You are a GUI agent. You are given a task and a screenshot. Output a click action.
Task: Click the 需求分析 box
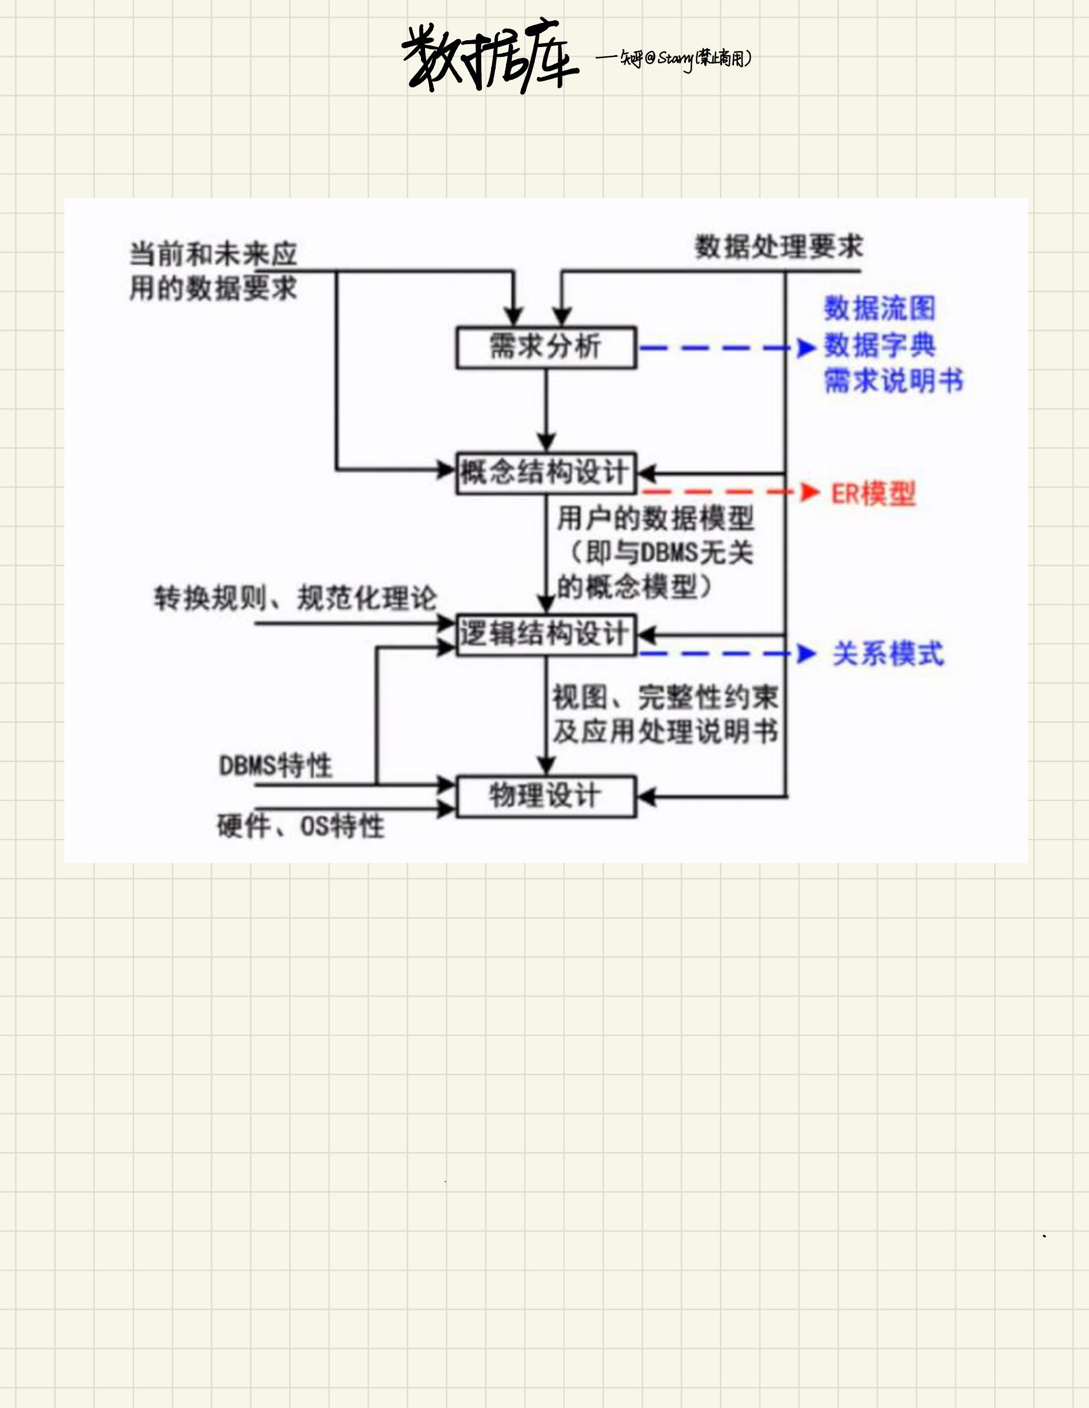[x=546, y=347]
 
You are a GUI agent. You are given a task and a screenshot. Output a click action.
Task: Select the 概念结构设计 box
[x=546, y=473]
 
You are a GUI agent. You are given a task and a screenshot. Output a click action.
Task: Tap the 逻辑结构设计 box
[x=546, y=635]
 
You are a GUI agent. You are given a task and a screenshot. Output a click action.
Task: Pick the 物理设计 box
[x=546, y=797]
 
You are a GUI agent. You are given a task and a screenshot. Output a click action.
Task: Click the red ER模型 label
[x=873, y=494]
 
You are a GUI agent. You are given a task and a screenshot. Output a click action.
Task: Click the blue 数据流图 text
[x=879, y=308]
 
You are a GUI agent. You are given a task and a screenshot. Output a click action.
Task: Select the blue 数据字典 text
[x=879, y=345]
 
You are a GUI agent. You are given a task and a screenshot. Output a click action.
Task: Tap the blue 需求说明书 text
[x=894, y=380]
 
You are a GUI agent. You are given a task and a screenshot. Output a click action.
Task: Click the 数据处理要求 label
[x=778, y=247]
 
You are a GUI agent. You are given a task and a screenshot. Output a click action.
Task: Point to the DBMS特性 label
[x=275, y=766]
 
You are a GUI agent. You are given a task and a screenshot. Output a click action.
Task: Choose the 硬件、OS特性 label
[x=300, y=826]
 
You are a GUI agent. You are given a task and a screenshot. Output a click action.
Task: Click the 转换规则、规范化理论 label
[x=295, y=598]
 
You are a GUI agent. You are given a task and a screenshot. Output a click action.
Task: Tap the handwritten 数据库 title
[x=489, y=58]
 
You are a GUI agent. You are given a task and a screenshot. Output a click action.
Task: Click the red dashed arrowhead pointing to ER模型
[x=809, y=493]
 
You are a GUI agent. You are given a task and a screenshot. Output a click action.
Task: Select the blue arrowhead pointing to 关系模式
[x=806, y=653]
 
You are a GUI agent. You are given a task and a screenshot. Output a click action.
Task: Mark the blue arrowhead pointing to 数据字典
[x=806, y=348]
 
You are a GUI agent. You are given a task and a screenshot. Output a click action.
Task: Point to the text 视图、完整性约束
[x=665, y=697]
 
